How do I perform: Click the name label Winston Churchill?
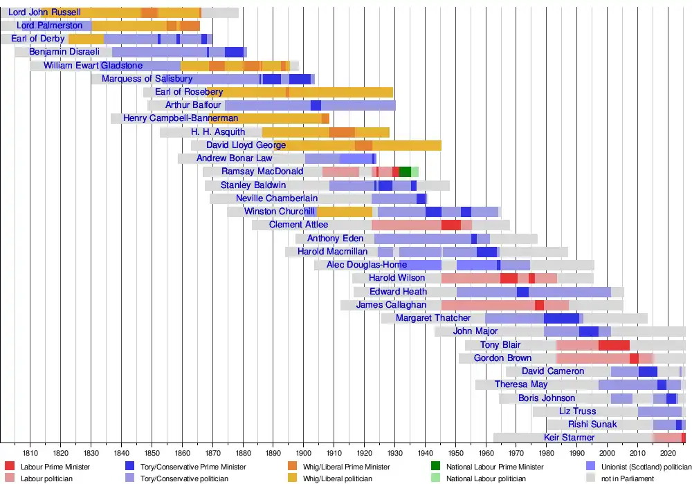point(280,212)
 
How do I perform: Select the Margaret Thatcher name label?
point(433,318)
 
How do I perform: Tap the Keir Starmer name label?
point(570,438)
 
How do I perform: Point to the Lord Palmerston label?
point(50,26)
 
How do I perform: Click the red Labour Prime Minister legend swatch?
point(10,467)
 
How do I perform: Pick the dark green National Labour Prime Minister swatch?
point(436,467)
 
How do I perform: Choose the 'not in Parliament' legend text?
point(628,478)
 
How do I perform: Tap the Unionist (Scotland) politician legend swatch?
point(591,467)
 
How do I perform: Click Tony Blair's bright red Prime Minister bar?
point(614,345)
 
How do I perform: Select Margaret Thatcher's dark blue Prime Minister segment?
point(561,318)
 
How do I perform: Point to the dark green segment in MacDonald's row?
point(405,171)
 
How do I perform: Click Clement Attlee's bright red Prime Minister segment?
point(450,225)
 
